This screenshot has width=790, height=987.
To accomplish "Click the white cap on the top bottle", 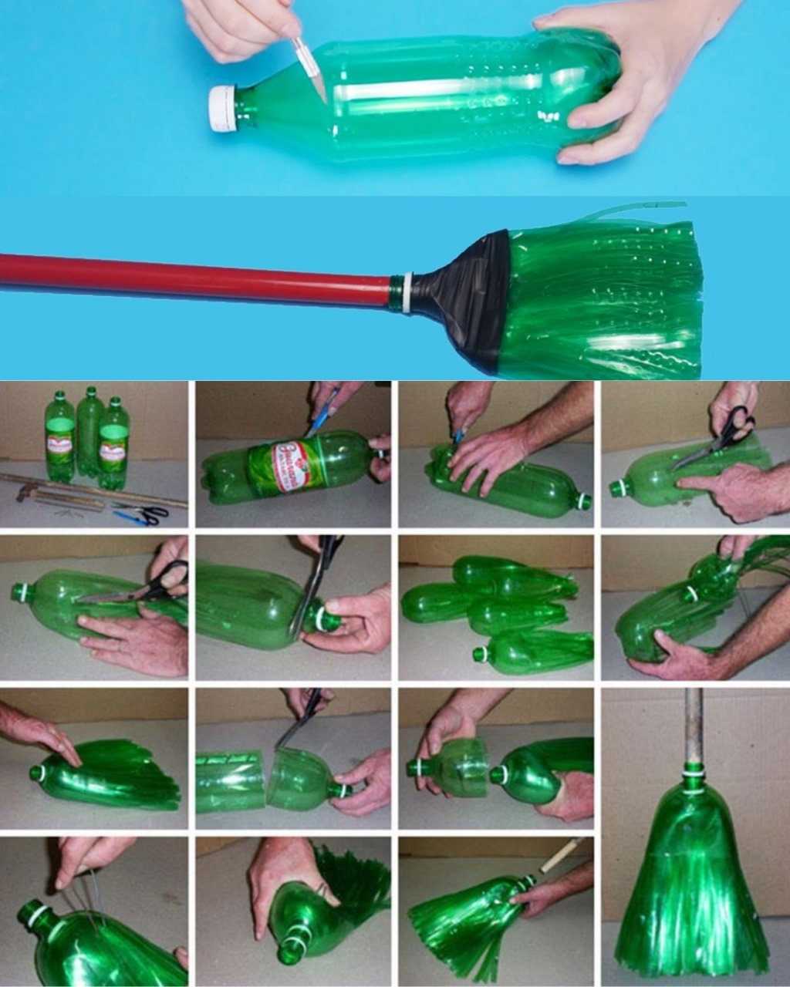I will [x=223, y=109].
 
